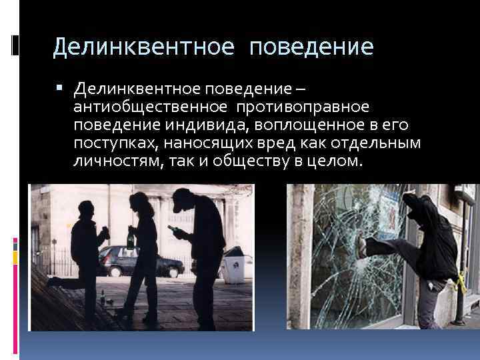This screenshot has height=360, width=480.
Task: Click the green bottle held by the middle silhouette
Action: click(x=130, y=238)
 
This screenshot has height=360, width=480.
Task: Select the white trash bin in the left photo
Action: click(x=233, y=269)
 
